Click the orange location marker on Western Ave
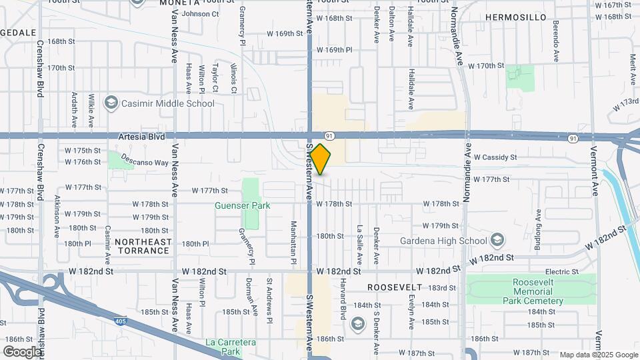coord(321,159)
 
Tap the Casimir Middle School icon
coord(111,103)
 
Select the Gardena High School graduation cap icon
coord(497,240)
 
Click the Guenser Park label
coord(243,205)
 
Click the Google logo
coord(21,352)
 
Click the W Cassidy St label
coord(495,157)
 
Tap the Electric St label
coord(561,272)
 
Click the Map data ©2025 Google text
coord(598,355)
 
